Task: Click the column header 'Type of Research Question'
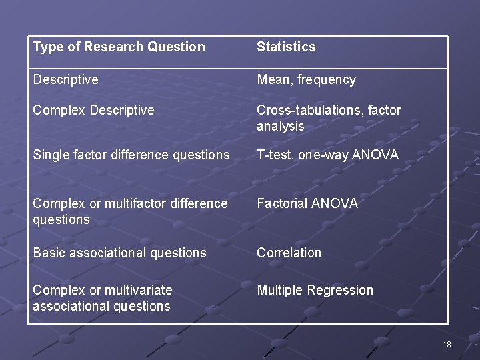119,47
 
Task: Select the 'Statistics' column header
286,47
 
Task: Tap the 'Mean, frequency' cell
306,80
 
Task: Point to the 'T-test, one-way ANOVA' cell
327,155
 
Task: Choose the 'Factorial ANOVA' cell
307,203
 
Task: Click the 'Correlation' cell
289,253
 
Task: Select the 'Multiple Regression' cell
315,290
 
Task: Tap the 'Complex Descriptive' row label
93,110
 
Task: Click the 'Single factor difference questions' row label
131,155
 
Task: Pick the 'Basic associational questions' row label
119,253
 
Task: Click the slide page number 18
446,345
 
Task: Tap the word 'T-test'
274,155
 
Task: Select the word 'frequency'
327,80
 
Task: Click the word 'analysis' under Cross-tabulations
280,126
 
